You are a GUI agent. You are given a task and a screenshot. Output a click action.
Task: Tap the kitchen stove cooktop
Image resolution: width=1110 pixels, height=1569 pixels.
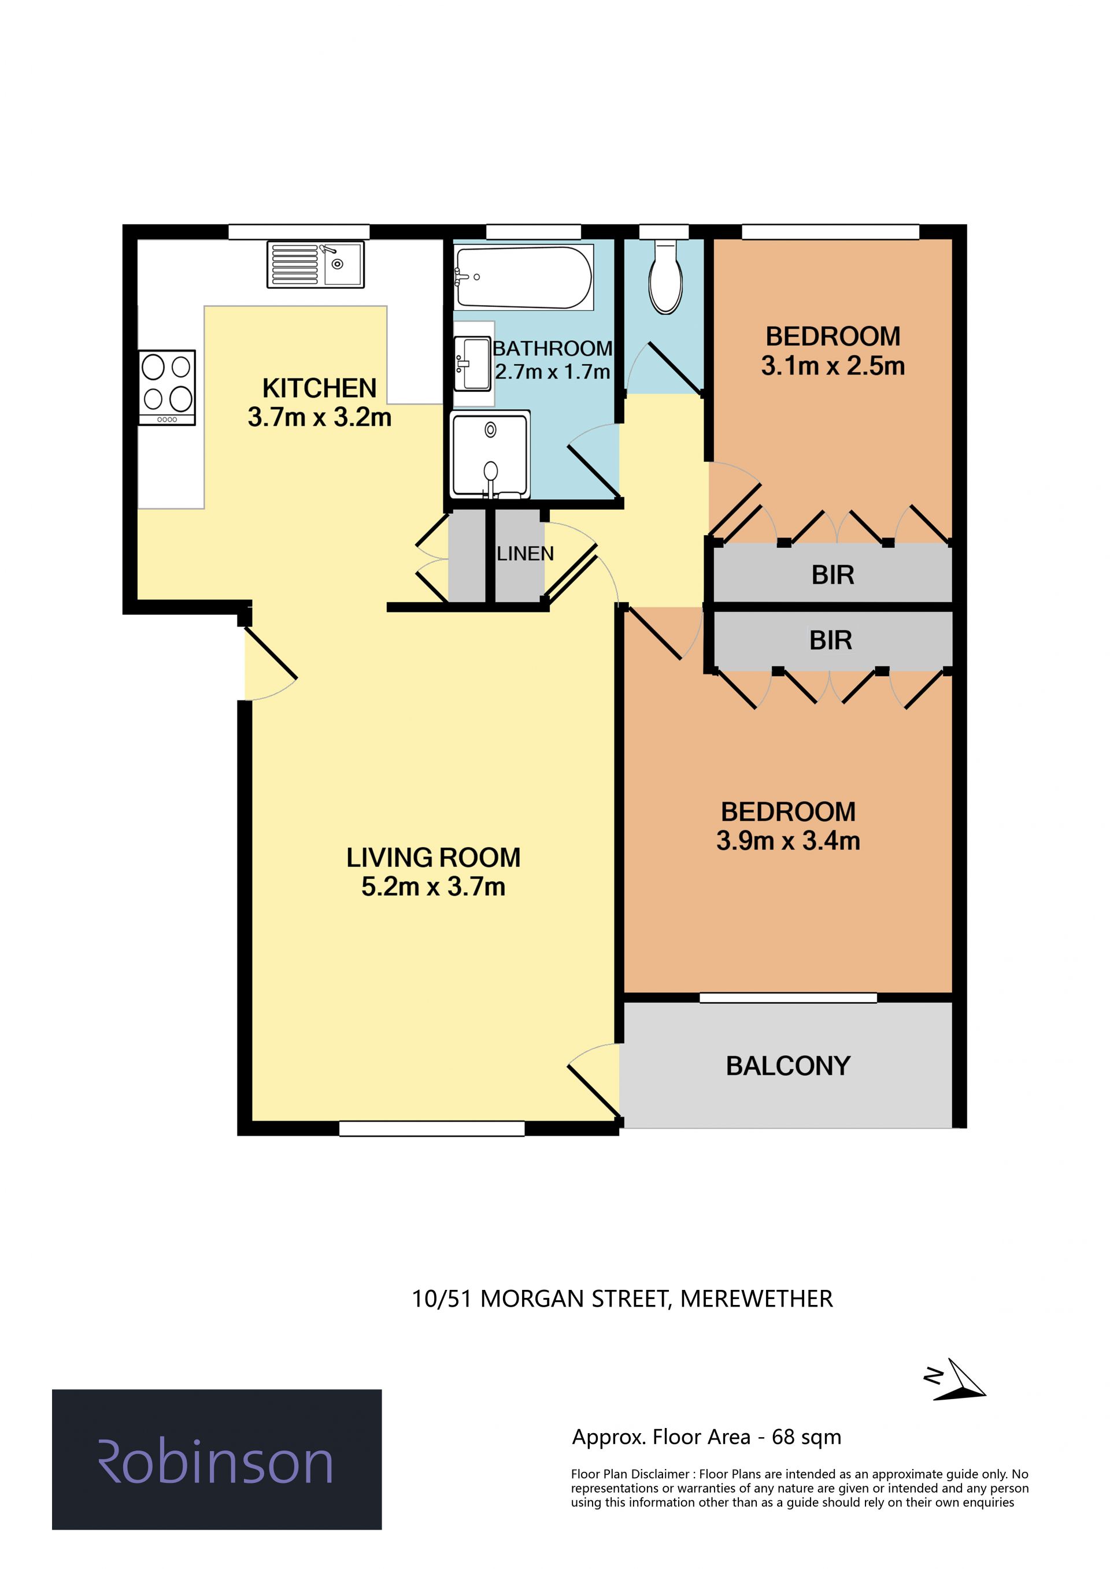(x=166, y=387)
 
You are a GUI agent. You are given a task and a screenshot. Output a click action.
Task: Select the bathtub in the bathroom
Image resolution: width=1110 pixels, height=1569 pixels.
(x=524, y=277)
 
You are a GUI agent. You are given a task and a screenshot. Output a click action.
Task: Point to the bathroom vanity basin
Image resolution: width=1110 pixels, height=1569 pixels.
(x=473, y=363)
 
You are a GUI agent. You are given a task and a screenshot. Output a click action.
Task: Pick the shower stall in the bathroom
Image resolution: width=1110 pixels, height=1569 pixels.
(x=490, y=454)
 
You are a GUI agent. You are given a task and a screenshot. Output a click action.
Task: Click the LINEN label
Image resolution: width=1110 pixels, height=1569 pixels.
(x=525, y=554)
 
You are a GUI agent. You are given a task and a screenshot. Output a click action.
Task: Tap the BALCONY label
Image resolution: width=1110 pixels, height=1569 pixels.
(x=788, y=1066)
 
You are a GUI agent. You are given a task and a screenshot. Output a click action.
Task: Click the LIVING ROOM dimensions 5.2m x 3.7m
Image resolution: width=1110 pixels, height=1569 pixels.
(x=434, y=886)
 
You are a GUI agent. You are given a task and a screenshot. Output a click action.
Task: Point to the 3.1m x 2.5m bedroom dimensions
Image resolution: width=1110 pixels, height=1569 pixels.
(x=833, y=366)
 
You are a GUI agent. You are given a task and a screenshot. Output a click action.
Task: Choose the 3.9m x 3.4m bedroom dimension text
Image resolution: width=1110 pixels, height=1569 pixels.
(x=788, y=840)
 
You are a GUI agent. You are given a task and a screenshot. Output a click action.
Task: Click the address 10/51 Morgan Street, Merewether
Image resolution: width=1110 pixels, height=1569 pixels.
(x=622, y=1299)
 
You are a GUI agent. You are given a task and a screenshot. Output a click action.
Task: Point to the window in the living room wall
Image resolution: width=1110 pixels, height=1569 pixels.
(x=432, y=1128)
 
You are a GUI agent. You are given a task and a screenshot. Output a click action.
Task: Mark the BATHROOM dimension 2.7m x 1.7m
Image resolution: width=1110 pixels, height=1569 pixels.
(x=552, y=372)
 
